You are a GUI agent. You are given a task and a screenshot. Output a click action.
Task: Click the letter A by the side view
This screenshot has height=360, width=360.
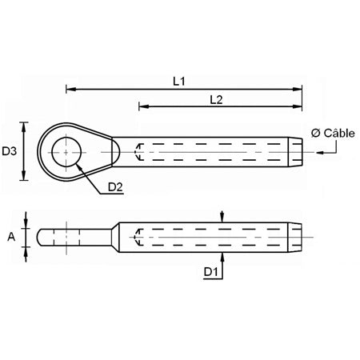10,236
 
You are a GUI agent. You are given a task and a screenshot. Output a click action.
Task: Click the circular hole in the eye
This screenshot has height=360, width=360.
66,150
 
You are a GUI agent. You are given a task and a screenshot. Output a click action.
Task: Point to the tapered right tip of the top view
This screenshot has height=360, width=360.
296,150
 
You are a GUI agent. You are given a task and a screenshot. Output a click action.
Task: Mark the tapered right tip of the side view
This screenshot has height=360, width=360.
296,237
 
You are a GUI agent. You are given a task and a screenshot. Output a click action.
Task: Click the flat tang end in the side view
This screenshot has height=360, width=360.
48,237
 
